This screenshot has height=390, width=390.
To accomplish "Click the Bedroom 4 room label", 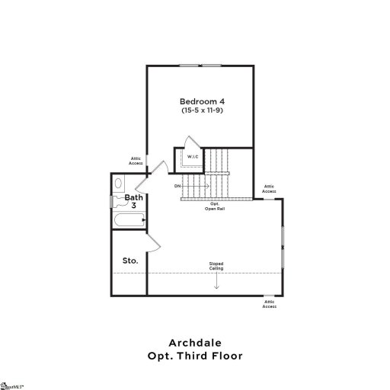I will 202,101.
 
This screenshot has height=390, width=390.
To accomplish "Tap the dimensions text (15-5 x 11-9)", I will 202,111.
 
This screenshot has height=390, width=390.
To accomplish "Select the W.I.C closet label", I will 193,157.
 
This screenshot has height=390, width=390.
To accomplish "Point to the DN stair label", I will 177,186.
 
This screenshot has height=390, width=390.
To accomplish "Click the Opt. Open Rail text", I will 215,206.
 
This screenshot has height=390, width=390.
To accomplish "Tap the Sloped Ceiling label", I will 216,266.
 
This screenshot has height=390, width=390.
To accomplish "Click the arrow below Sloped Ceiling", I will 216,281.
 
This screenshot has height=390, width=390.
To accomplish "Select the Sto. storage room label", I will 130,261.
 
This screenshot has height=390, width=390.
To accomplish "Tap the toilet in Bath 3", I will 118,184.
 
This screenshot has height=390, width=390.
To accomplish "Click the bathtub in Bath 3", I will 127,222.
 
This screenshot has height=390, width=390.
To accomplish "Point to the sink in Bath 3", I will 117,202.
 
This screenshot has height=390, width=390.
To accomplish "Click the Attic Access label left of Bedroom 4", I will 136,161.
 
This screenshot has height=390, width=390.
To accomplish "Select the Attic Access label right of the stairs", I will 269,188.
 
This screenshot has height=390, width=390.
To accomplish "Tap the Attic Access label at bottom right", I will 269,305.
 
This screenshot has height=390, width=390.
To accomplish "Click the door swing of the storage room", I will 152,242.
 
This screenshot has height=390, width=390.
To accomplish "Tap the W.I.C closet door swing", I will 190,144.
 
